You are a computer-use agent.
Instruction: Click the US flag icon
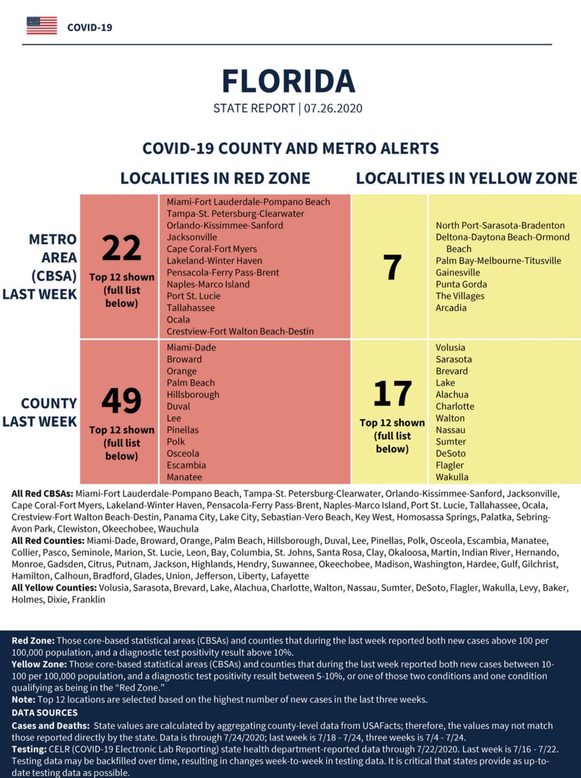coord(41,26)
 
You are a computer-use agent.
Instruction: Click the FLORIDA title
coord(289,80)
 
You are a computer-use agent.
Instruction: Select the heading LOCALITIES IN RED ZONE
coord(215,178)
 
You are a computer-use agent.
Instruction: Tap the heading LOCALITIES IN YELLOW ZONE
coord(466,178)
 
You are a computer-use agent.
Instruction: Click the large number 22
coord(121,248)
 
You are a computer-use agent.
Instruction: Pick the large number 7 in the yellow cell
coord(392,268)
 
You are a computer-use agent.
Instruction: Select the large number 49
coord(121,401)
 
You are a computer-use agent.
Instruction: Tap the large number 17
coord(392,394)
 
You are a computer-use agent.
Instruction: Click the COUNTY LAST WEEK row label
coord(40,412)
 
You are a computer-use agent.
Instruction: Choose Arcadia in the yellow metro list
coord(451,308)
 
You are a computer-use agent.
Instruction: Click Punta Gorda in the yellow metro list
coord(461,285)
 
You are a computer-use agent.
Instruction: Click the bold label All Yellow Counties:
coord(54,588)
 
